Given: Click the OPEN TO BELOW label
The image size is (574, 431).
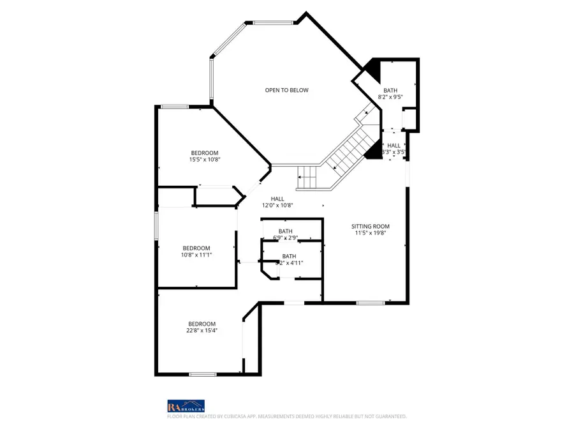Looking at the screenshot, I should click(x=286, y=90).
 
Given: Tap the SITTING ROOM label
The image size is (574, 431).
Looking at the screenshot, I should click(x=370, y=226).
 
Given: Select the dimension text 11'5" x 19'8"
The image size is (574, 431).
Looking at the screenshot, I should click(x=370, y=233).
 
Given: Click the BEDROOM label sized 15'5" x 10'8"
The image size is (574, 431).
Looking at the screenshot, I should click(x=205, y=153).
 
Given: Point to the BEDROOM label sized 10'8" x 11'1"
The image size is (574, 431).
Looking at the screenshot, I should click(x=196, y=248).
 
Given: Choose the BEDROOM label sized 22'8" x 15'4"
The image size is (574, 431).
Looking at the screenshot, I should click(x=202, y=324).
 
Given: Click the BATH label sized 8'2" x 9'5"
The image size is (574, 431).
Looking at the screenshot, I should click(x=390, y=90).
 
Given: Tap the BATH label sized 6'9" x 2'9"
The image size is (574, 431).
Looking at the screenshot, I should click(x=285, y=231).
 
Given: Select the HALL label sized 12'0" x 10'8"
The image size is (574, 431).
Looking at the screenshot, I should click(x=277, y=199).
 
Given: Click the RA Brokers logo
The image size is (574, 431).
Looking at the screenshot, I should click(x=186, y=405).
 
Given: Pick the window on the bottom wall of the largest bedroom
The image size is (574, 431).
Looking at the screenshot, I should click(x=202, y=374).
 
